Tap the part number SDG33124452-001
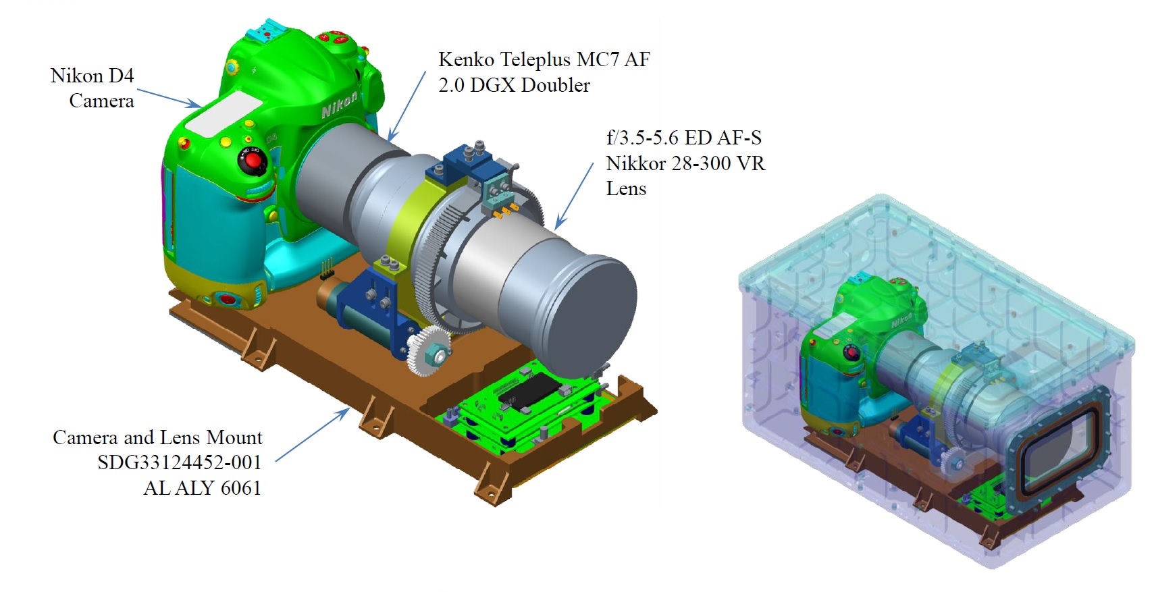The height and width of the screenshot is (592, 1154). pos(180,462)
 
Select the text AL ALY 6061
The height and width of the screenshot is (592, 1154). pos(203,487)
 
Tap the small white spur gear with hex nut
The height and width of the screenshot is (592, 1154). pos(429,351)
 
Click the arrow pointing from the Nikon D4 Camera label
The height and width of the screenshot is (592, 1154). pos(169,99)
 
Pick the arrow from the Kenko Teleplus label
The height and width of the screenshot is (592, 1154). pos(407,106)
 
